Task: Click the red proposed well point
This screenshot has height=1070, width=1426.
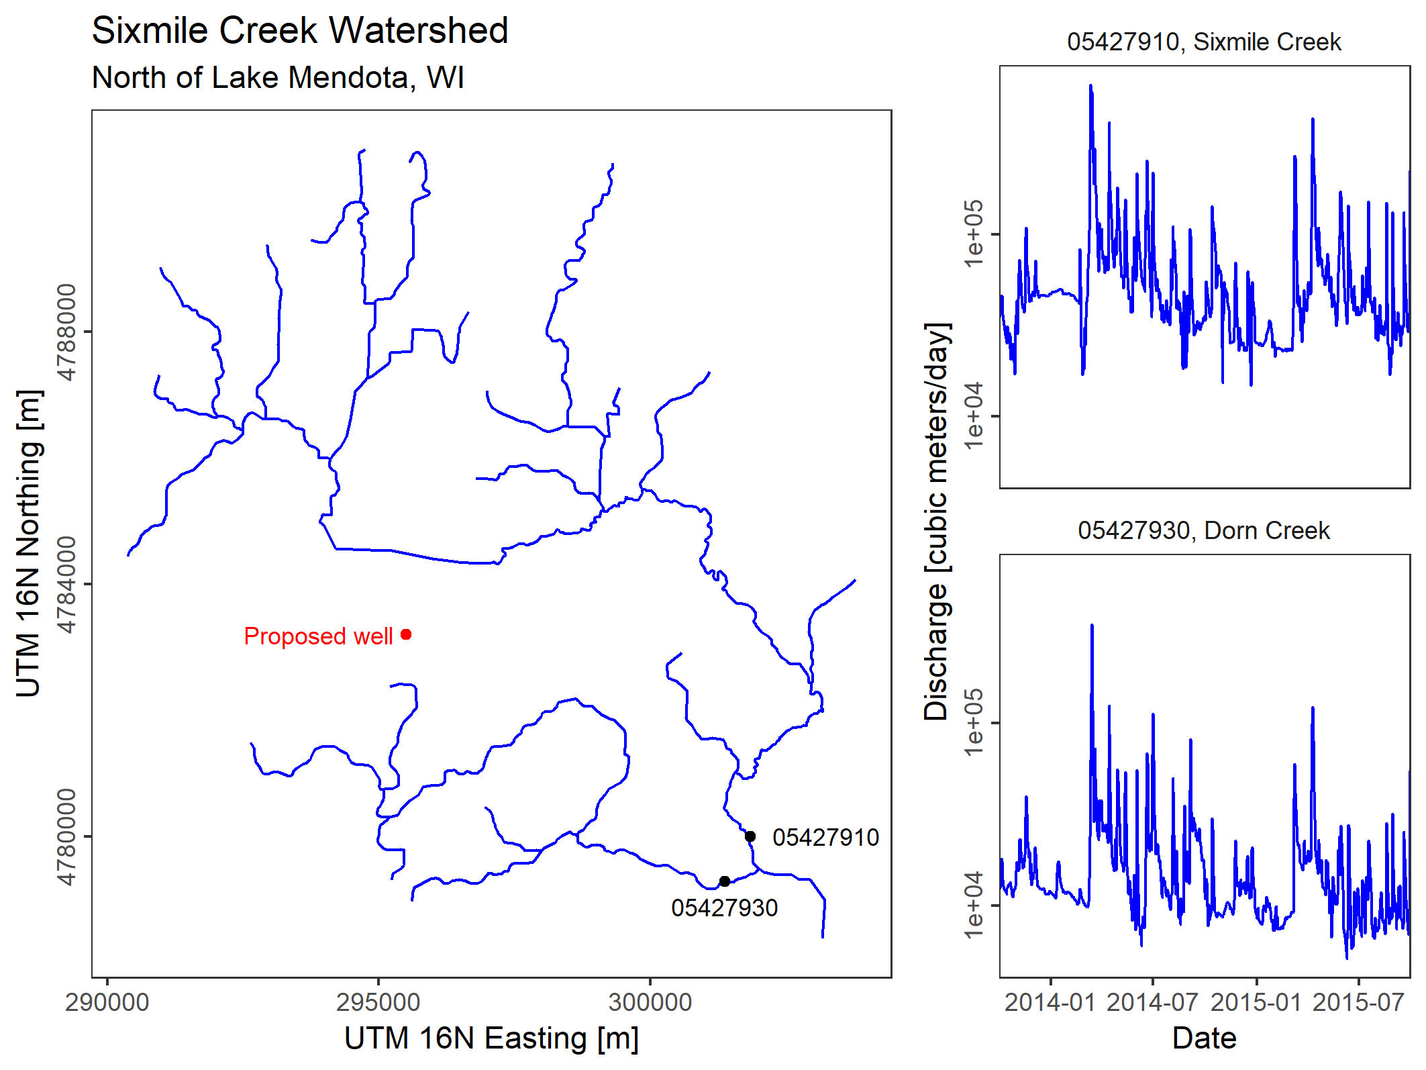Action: point(406,634)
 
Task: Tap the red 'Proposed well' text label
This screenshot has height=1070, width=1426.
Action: point(318,636)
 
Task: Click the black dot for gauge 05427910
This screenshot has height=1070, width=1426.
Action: point(750,836)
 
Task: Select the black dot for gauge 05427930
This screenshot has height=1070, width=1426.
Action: point(725,881)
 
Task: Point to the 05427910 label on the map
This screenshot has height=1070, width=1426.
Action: point(825,838)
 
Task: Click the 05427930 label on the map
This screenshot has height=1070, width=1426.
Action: point(724,908)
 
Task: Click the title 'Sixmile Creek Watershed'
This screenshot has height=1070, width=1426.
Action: point(300,30)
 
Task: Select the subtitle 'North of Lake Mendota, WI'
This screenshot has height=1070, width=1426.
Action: point(278,78)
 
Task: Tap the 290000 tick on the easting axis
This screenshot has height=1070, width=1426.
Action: point(107,1002)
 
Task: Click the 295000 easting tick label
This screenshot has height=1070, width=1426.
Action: point(378,1002)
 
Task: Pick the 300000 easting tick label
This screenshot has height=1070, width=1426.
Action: point(650,1002)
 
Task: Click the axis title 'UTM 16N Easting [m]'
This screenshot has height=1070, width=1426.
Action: point(491,1038)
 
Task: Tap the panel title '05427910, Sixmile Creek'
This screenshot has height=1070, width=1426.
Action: point(1204,42)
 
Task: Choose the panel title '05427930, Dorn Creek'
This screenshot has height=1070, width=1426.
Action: point(1204,531)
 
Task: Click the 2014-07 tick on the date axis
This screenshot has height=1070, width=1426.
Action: point(1152,1002)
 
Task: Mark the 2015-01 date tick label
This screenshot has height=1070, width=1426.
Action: point(1256,1002)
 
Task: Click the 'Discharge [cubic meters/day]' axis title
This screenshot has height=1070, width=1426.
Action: point(936,522)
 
